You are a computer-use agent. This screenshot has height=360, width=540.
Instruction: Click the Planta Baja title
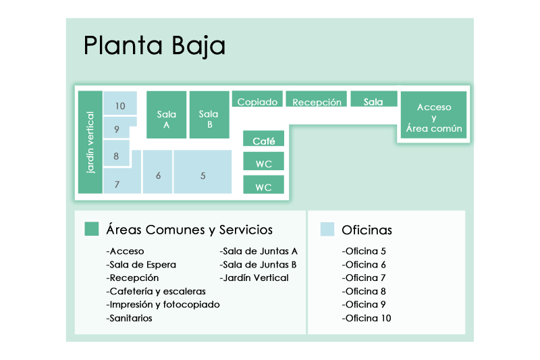point(154,46)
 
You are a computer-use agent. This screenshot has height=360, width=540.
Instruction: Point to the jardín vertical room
point(90,143)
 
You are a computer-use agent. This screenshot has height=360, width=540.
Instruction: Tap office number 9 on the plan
point(117,128)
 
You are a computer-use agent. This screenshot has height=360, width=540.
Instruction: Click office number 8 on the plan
point(116,155)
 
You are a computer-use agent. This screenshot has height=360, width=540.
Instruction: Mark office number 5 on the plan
point(202,174)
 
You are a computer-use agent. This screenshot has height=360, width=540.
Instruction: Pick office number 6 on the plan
point(158,174)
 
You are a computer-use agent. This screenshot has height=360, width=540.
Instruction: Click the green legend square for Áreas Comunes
point(92,229)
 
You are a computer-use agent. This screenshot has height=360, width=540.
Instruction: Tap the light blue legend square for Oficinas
point(327,229)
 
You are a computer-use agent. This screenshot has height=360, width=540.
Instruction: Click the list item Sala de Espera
point(141,264)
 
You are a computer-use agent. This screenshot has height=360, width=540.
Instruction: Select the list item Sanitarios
point(130,318)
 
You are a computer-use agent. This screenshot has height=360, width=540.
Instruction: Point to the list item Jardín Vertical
point(254,278)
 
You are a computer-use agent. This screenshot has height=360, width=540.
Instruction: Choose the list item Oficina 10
point(367,318)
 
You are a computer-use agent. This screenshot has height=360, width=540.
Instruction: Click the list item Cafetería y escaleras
point(156,291)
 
